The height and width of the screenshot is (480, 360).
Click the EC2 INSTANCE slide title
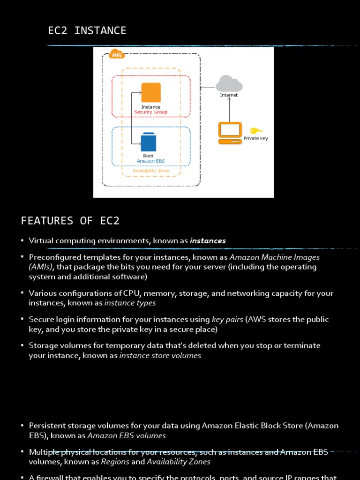point(87,31)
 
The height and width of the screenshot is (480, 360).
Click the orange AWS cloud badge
point(116,55)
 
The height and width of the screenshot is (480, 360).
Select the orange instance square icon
point(150,92)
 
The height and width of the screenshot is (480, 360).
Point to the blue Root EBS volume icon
point(148,142)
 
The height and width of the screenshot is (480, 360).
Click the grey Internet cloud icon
point(229,84)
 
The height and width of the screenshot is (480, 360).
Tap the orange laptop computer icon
point(230,133)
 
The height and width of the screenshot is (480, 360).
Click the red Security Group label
point(150,112)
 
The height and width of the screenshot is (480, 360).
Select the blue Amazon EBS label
point(150,161)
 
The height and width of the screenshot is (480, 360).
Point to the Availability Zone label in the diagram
point(151,171)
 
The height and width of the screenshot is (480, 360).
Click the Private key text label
point(255,139)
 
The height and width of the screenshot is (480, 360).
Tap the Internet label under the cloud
point(229,95)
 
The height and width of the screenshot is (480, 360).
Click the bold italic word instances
point(208,241)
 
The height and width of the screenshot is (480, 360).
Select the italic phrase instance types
point(130,303)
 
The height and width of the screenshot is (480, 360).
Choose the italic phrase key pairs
point(227,320)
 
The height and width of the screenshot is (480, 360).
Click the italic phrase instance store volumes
point(160,355)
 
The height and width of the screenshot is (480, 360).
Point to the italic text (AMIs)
point(40,267)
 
